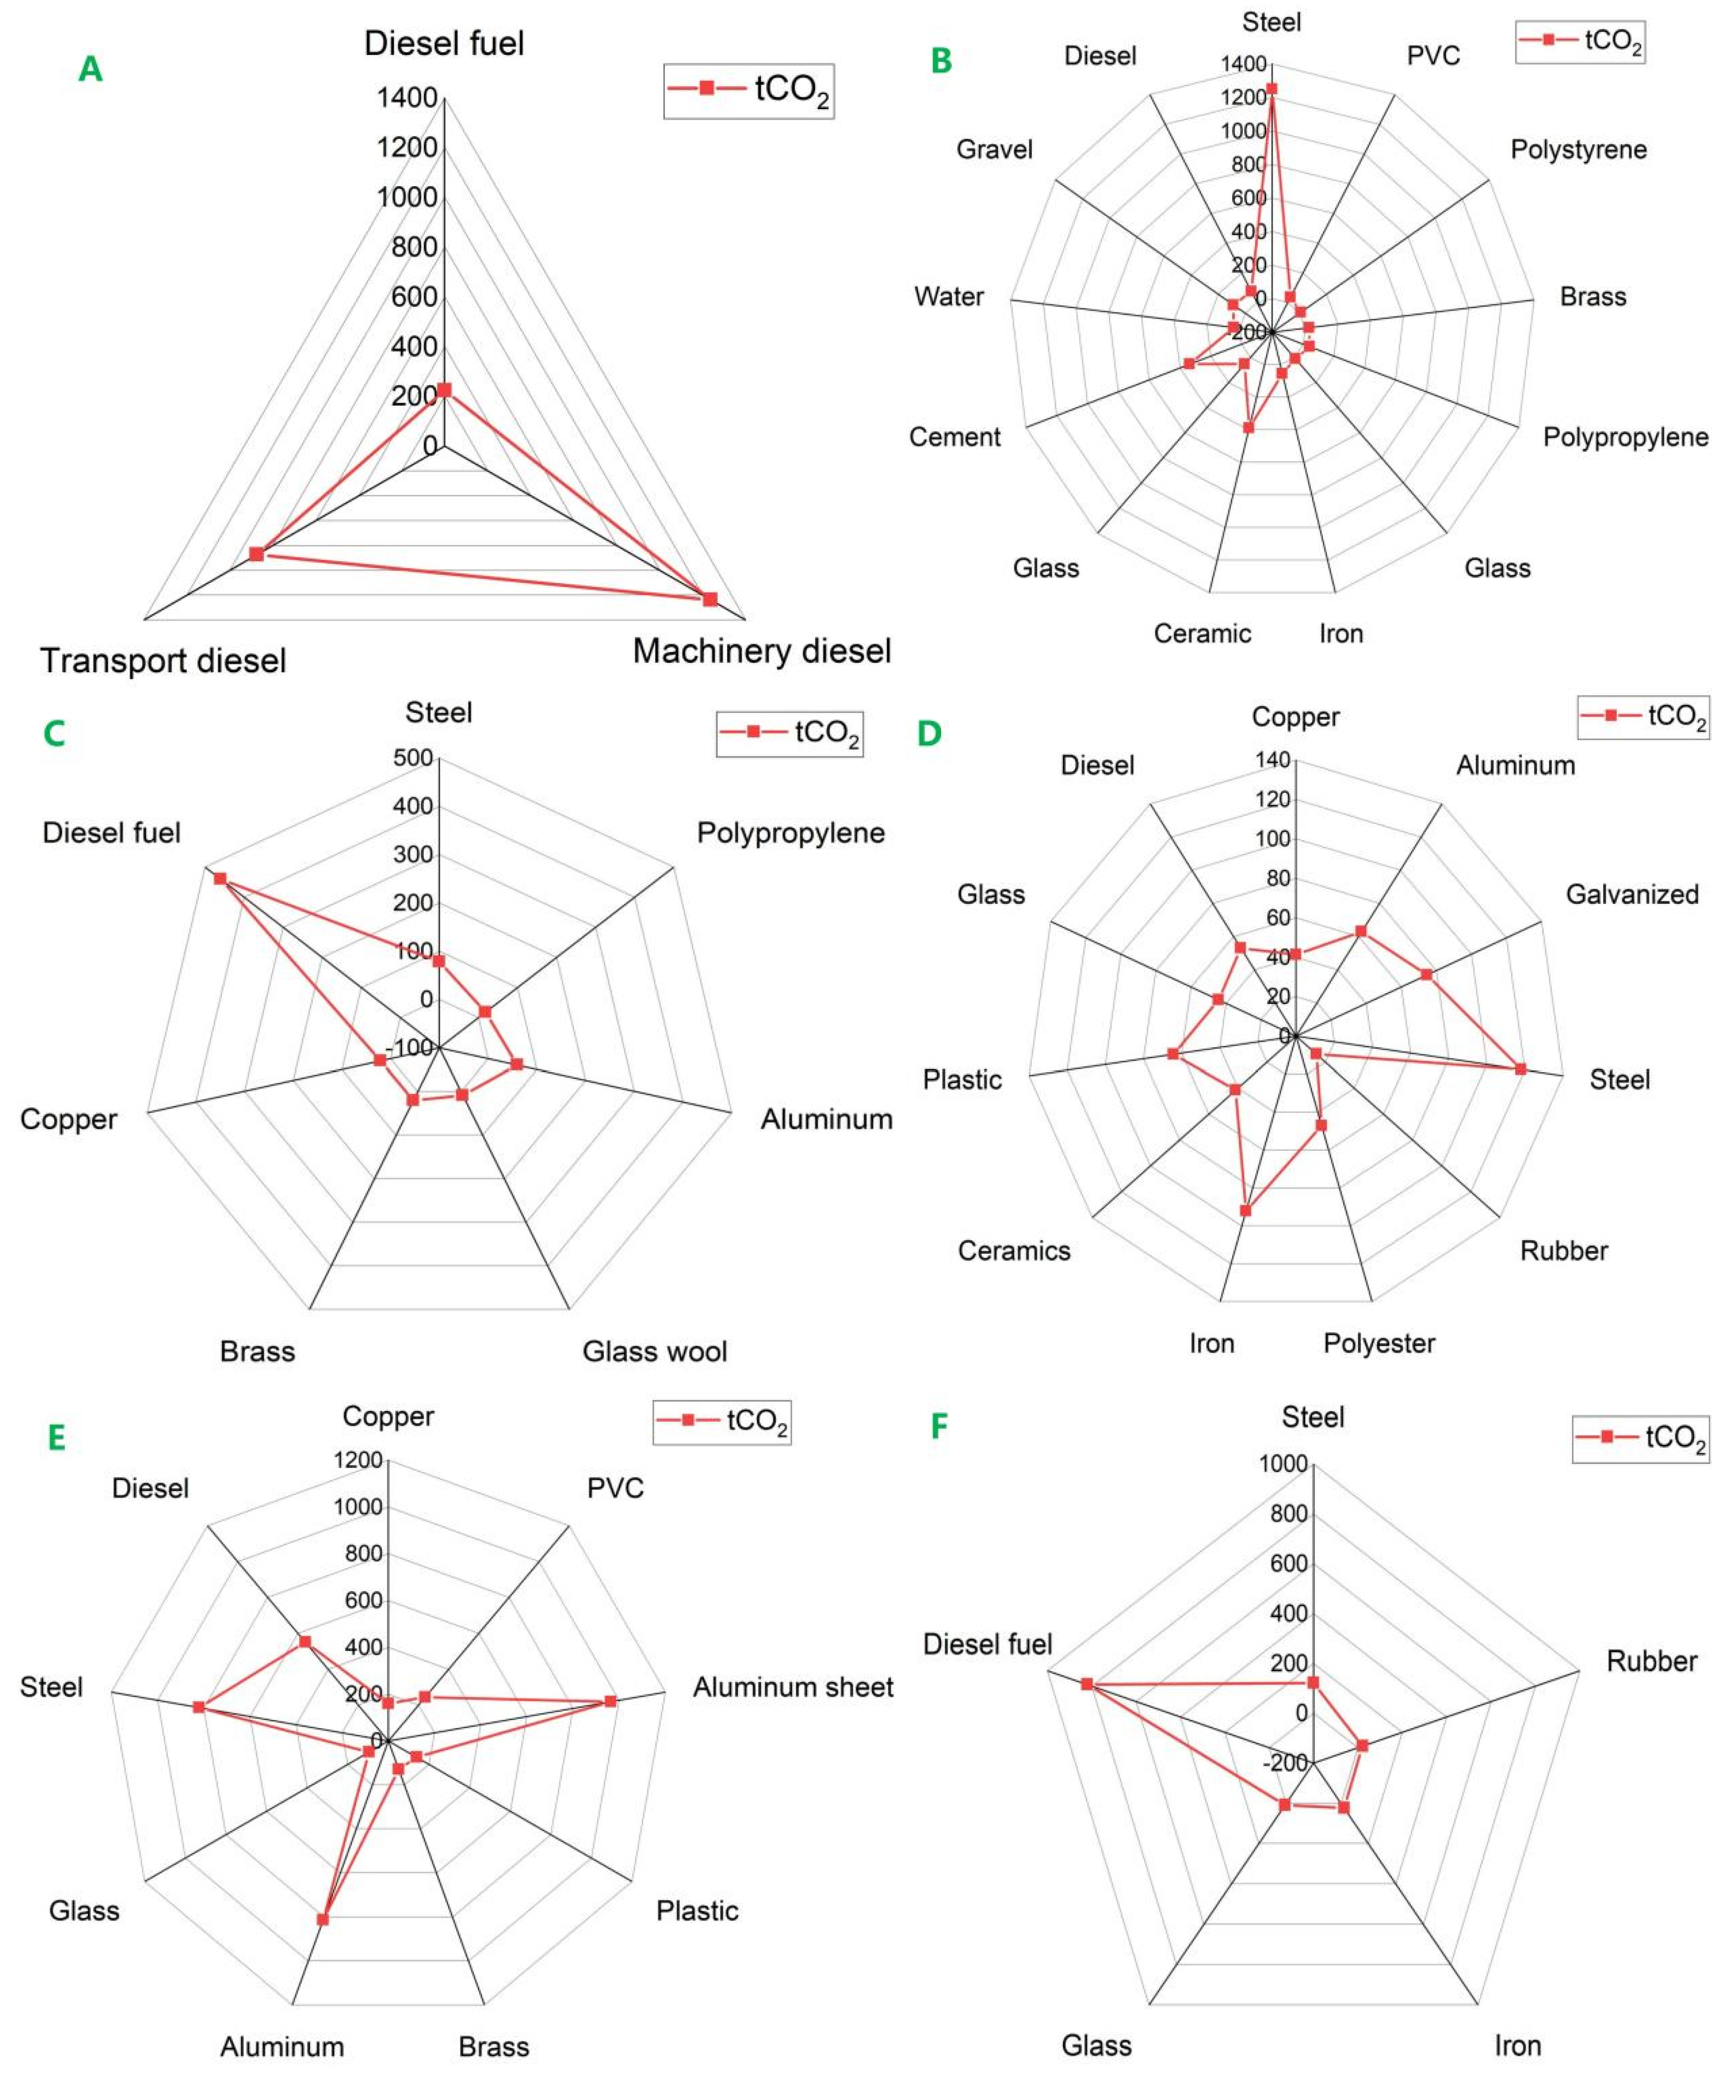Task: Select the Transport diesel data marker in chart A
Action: [x=256, y=554]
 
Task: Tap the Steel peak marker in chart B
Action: [x=1272, y=88]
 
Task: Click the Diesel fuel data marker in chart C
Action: [x=220, y=878]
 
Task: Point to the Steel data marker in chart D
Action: [x=1520, y=1069]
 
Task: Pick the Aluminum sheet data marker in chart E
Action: [x=610, y=1701]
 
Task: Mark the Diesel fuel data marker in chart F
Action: [x=1086, y=1684]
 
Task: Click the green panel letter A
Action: [x=90, y=69]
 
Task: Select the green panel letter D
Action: [x=929, y=734]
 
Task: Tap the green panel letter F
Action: [x=939, y=1427]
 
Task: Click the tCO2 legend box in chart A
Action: [x=749, y=91]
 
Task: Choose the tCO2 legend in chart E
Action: [x=722, y=1421]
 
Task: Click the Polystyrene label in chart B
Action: [x=1579, y=150]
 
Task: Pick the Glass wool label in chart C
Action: [x=655, y=1351]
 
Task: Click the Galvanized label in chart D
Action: [x=1632, y=894]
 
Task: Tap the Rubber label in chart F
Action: [x=1652, y=1661]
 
